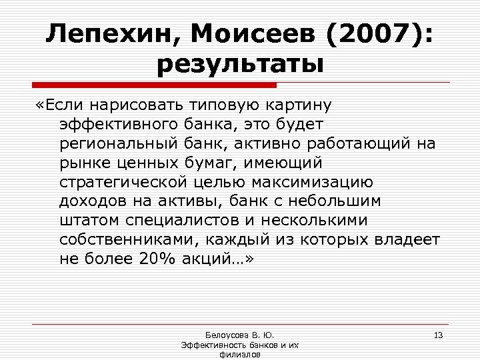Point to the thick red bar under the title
[x=154, y=85]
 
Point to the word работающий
[x=361, y=143]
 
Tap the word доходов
[x=90, y=201]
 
